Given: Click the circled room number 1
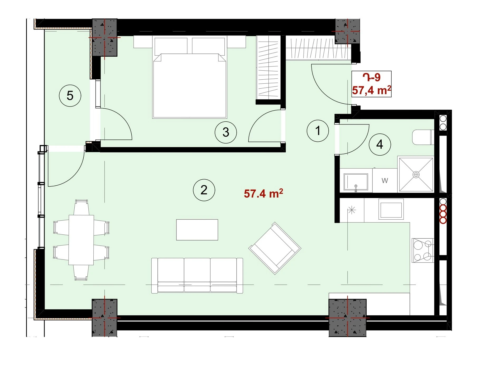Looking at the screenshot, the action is click(318, 131).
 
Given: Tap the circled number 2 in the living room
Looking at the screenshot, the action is click(204, 190).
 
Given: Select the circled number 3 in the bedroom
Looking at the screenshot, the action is click(226, 132).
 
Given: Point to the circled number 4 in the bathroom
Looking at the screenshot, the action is click(380, 144).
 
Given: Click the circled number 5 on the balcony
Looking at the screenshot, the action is click(70, 95).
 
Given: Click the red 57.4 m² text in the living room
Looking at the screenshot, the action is click(263, 193).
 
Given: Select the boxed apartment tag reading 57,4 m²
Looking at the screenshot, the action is click(371, 84).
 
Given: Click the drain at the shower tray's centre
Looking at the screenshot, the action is click(416, 175).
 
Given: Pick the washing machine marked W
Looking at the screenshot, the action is click(385, 181).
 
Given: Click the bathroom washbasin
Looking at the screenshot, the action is click(356, 182).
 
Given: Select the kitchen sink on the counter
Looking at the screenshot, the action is click(391, 209).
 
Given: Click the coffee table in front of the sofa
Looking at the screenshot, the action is click(197, 230).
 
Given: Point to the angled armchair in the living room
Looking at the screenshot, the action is click(275, 248).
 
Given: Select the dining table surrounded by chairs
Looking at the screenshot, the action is click(81, 240).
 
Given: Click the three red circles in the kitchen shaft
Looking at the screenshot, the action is click(443, 214).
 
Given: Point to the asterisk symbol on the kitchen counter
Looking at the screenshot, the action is click(352, 210).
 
